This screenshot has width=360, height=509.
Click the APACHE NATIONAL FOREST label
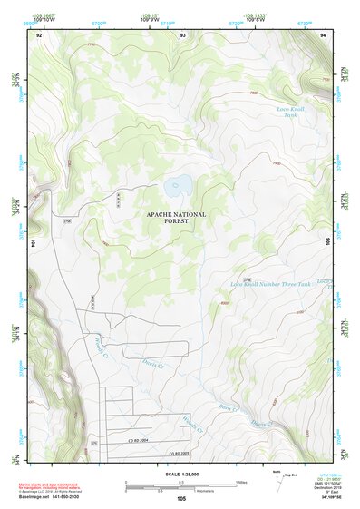coord(176,218)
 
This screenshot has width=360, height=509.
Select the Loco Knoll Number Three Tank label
coord(270,284)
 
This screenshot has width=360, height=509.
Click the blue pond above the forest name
coord(177,186)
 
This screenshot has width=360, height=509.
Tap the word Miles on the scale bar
coord(241,482)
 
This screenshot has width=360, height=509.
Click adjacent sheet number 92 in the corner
coord(39,34)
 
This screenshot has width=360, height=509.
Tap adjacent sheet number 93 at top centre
coord(182,34)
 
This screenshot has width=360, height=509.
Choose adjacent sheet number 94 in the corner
coord(323,34)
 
